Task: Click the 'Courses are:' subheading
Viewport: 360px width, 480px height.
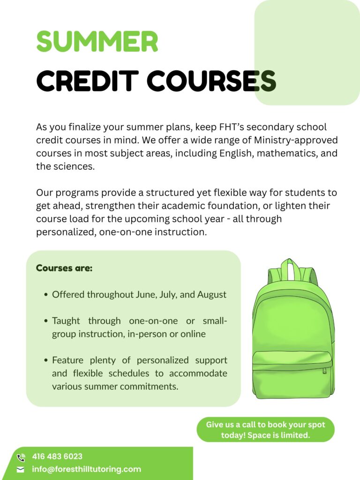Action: tap(64, 269)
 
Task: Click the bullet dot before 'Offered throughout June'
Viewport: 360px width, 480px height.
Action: tap(46, 295)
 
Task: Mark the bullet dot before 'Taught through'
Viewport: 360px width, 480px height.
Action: tap(46, 322)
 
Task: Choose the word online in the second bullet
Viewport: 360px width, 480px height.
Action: tap(193, 334)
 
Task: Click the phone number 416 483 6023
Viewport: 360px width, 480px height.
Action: tap(57, 457)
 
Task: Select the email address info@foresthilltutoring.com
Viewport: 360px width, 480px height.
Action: tap(86, 469)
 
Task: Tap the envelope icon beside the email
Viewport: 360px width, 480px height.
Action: tap(21, 470)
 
